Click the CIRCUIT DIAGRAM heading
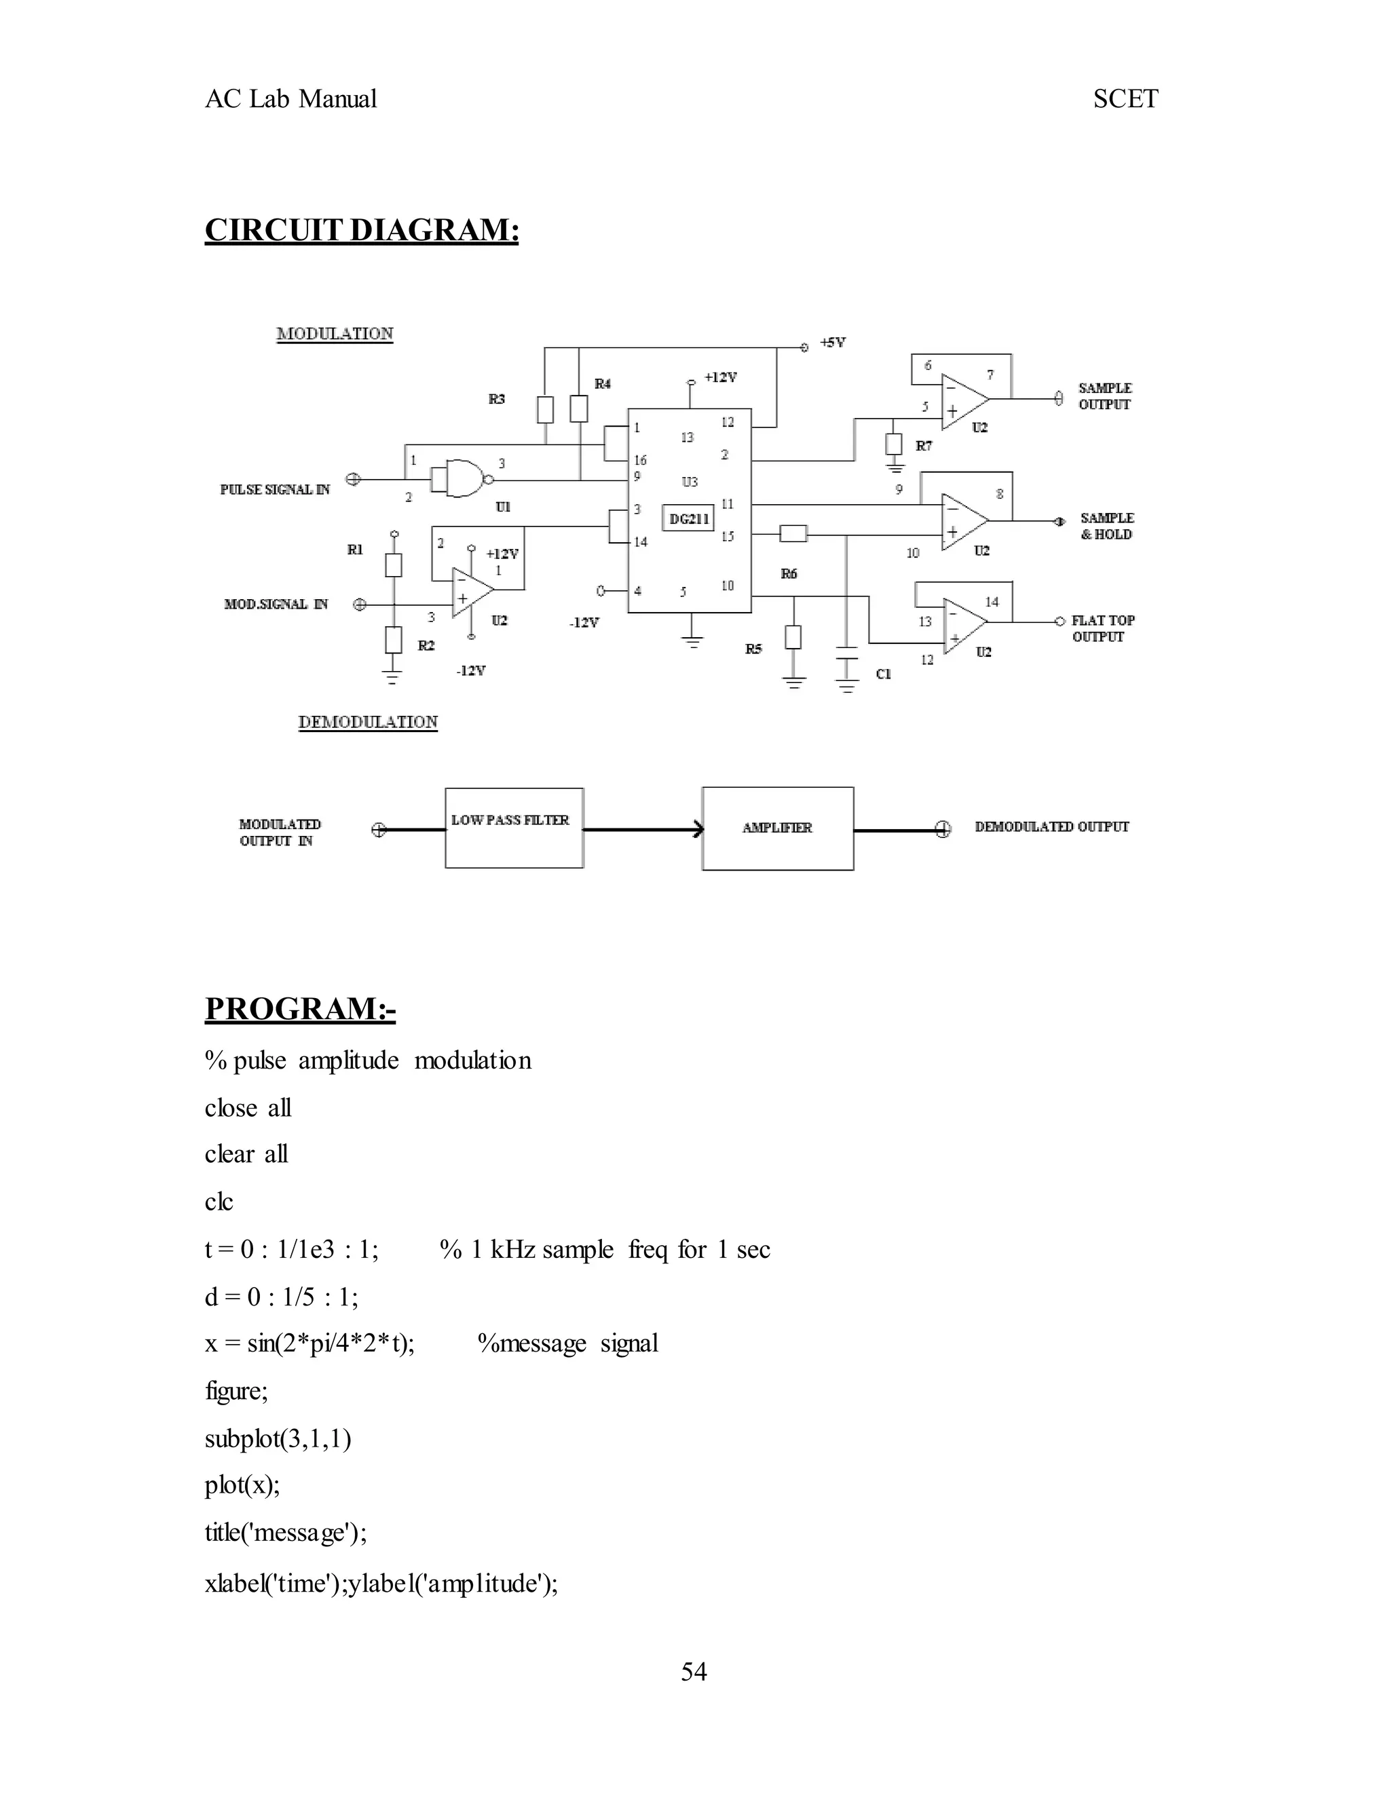click(362, 230)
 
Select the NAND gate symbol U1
click(461, 478)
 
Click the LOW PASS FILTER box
click(514, 827)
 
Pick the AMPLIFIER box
click(777, 828)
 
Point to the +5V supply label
click(833, 343)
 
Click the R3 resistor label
click(497, 399)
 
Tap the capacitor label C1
click(884, 674)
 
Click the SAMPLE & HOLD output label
click(1107, 526)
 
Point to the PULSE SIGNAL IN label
click(275, 490)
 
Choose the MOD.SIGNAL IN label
click(276, 605)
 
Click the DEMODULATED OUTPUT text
click(1051, 826)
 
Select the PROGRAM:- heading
click(300, 1008)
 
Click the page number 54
click(694, 1671)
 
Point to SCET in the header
click(1125, 99)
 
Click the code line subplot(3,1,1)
click(278, 1439)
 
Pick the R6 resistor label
click(789, 574)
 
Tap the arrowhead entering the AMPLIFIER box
click(698, 829)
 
